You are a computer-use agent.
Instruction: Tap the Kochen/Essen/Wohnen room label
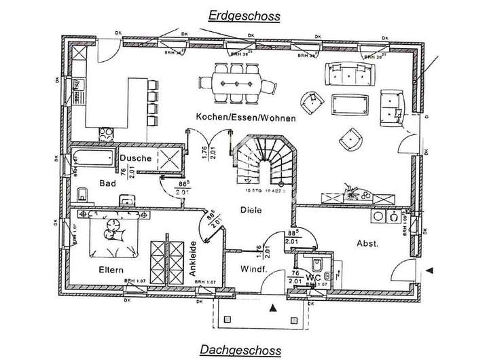click(x=245, y=118)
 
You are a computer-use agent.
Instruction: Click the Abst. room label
click(x=367, y=242)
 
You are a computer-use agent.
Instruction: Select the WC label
click(x=312, y=277)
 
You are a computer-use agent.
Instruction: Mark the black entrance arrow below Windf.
click(x=273, y=308)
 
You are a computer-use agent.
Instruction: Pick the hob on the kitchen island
click(x=107, y=131)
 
